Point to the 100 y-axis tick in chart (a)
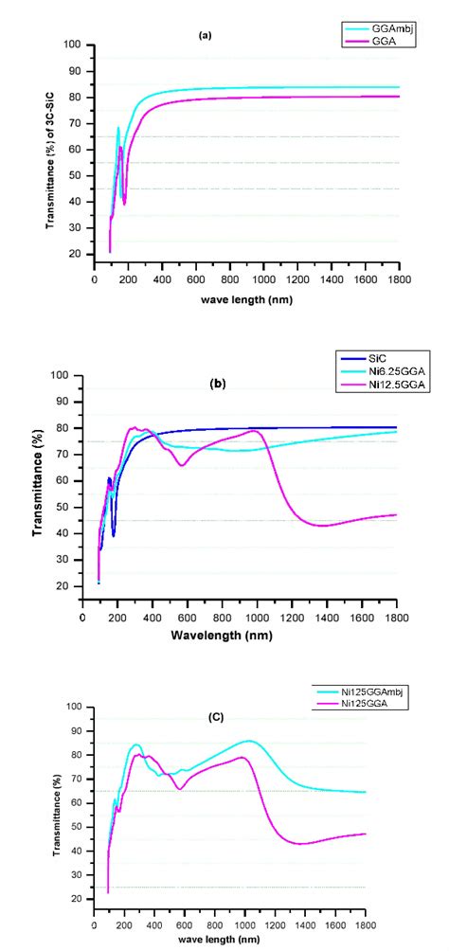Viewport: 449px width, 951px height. (73, 45)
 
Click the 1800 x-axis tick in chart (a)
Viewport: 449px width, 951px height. (399, 281)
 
